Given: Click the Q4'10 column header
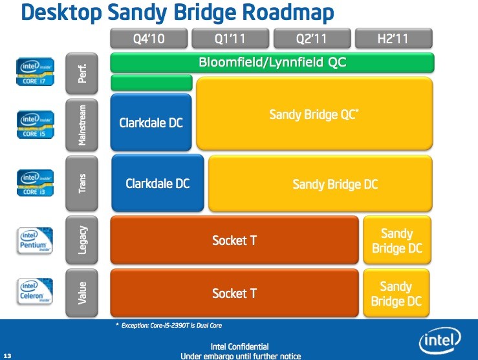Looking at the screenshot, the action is tap(149, 38).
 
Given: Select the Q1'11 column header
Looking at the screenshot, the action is tap(230, 38).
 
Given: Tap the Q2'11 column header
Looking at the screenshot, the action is tap(312, 38).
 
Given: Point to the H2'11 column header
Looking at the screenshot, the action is tap(394, 38).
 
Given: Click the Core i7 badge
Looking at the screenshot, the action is tap(35, 72).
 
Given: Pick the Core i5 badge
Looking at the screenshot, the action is tap(35, 125).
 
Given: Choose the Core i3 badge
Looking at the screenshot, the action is tap(35, 183).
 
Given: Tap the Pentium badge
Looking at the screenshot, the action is tap(35, 240).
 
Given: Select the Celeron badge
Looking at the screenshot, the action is tap(35, 291).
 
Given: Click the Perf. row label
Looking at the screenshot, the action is tap(81, 74).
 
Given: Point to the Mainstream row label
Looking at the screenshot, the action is tap(81, 125).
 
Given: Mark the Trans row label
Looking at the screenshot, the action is tap(81, 184).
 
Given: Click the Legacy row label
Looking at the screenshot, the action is tap(81, 240).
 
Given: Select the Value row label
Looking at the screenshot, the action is tap(81, 293).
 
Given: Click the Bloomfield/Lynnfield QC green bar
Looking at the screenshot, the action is tap(272, 63).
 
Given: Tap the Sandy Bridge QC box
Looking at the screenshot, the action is tap(314, 114).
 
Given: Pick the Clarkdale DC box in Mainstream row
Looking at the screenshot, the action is tap(151, 122).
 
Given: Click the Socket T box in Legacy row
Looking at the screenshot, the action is tap(234, 240).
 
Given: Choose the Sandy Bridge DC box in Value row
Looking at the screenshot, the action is tap(397, 293).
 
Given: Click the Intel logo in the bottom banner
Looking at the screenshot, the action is tap(440, 340).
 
